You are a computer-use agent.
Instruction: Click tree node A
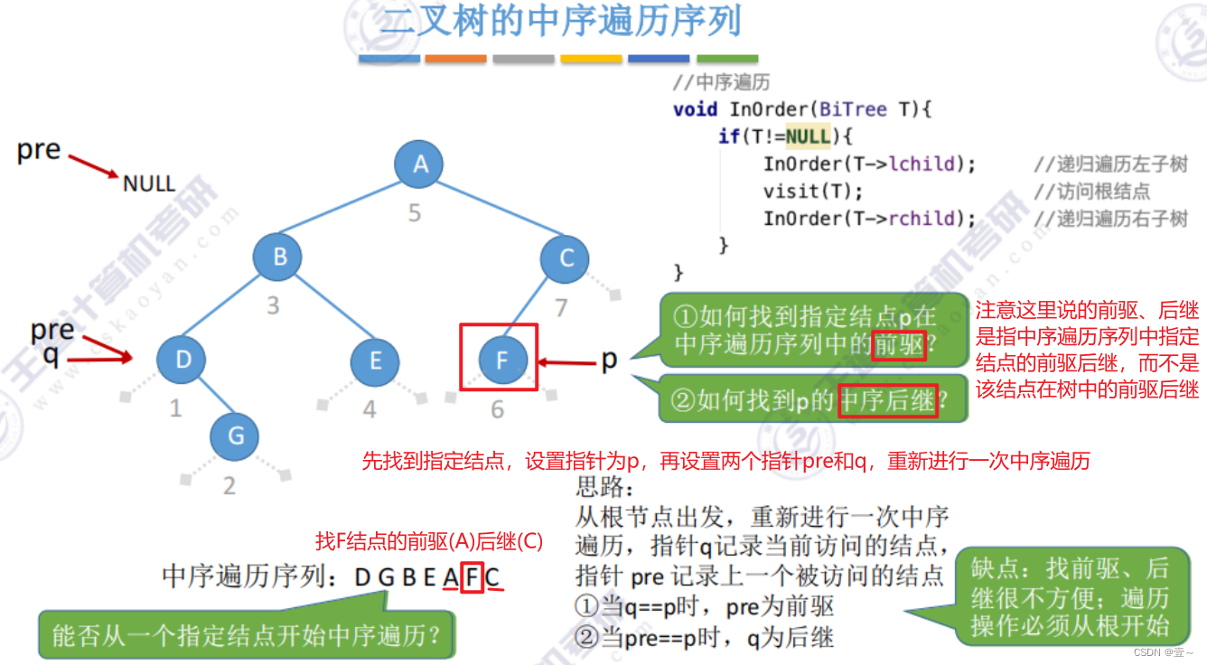(420, 165)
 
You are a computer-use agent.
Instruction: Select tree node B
(279, 257)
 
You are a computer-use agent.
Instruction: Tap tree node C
(566, 258)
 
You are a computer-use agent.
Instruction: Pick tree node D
(183, 360)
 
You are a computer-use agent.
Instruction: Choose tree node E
(376, 361)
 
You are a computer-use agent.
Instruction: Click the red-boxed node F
(501, 360)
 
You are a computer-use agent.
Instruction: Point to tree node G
(236, 436)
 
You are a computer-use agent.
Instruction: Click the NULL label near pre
(149, 184)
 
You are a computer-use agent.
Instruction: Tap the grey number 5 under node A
(415, 214)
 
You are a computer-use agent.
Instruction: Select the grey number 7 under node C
(560, 308)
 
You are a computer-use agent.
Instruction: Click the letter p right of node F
(609, 359)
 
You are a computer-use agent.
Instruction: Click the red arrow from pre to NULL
(93, 165)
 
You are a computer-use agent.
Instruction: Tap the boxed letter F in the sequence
(471, 576)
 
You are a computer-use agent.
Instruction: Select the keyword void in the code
(695, 110)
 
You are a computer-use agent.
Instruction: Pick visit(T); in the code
(813, 192)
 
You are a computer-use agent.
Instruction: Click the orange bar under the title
(456, 59)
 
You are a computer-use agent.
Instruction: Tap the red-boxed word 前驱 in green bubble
(898, 345)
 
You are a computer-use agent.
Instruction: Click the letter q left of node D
(51, 356)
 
